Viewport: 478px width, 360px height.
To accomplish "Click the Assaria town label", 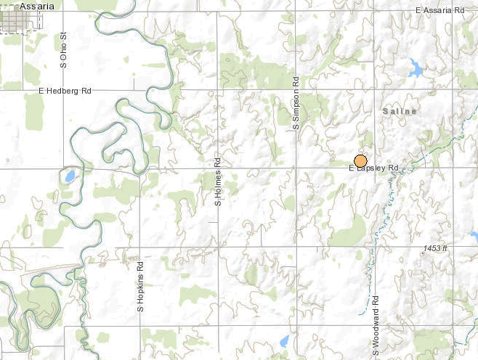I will point(38,6).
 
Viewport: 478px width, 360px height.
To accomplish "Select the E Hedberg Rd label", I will point(65,91).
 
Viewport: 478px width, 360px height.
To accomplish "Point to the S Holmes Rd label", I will point(217,183).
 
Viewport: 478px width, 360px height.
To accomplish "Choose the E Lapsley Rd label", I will point(374,168).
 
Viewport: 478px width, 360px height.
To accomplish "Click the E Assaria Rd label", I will point(439,10).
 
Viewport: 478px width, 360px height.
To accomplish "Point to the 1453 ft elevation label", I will point(436,249).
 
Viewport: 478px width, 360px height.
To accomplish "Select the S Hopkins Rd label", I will point(141,287).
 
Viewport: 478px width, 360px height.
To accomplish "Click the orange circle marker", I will point(360,161).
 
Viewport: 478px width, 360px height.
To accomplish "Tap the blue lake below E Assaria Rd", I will point(415,69).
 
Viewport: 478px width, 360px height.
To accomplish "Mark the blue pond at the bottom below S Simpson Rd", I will point(285,340).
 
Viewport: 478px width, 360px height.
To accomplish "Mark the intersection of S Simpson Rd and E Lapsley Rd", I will point(296,168).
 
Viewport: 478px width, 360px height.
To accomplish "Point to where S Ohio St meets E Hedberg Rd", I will point(64,91).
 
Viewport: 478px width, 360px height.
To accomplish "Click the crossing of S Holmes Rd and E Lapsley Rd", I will point(217,168).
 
